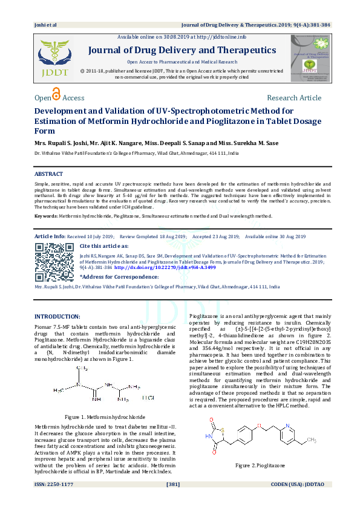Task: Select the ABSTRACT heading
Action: tap(48, 174)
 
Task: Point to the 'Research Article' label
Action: tap(293, 98)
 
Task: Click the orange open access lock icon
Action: tap(56, 94)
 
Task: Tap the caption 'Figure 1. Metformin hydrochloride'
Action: tap(105, 418)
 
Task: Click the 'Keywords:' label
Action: tap(46, 216)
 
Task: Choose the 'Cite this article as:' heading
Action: tap(103, 247)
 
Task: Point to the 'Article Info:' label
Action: tap(50, 236)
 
